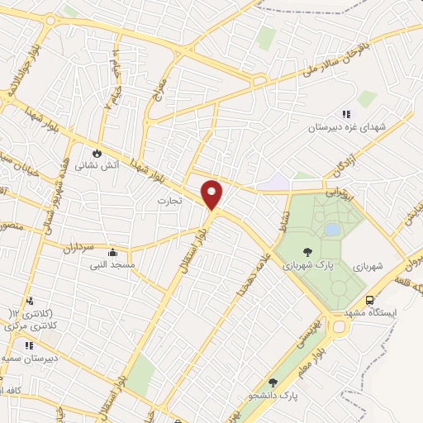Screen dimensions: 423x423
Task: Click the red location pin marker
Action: tap(212, 194)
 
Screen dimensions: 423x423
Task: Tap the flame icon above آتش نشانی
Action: tap(97, 153)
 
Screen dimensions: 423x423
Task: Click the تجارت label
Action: tap(169, 200)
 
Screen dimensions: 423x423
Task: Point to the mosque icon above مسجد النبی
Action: tap(112, 253)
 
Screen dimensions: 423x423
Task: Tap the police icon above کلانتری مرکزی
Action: tap(31, 301)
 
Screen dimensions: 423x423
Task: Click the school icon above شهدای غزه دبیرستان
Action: tap(345, 115)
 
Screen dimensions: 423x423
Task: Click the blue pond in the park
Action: tap(332, 229)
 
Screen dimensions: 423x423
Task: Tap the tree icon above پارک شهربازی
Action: tap(307, 254)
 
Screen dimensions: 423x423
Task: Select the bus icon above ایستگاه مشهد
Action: tap(369, 301)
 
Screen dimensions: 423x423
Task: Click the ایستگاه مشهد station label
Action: tap(392, 314)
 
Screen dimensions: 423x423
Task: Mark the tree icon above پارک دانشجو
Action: tap(273, 383)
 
